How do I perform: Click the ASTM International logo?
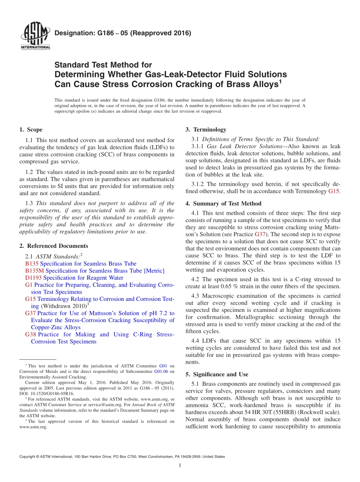(x=35, y=36)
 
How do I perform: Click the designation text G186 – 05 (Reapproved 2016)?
(x=123, y=33)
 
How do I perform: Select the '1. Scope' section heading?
(x=31, y=130)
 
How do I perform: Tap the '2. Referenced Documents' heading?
(x=53, y=246)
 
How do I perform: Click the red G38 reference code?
(x=30, y=335)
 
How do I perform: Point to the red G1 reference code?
(x=28, y=285)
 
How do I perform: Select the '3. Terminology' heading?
(x=206, y=130)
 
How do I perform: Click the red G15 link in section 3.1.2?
(x=333, y=191)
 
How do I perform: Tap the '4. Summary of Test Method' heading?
(x=223, y=203)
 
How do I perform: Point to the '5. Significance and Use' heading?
(x=217, y=374)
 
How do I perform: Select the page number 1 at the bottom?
(x=180, y=466)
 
